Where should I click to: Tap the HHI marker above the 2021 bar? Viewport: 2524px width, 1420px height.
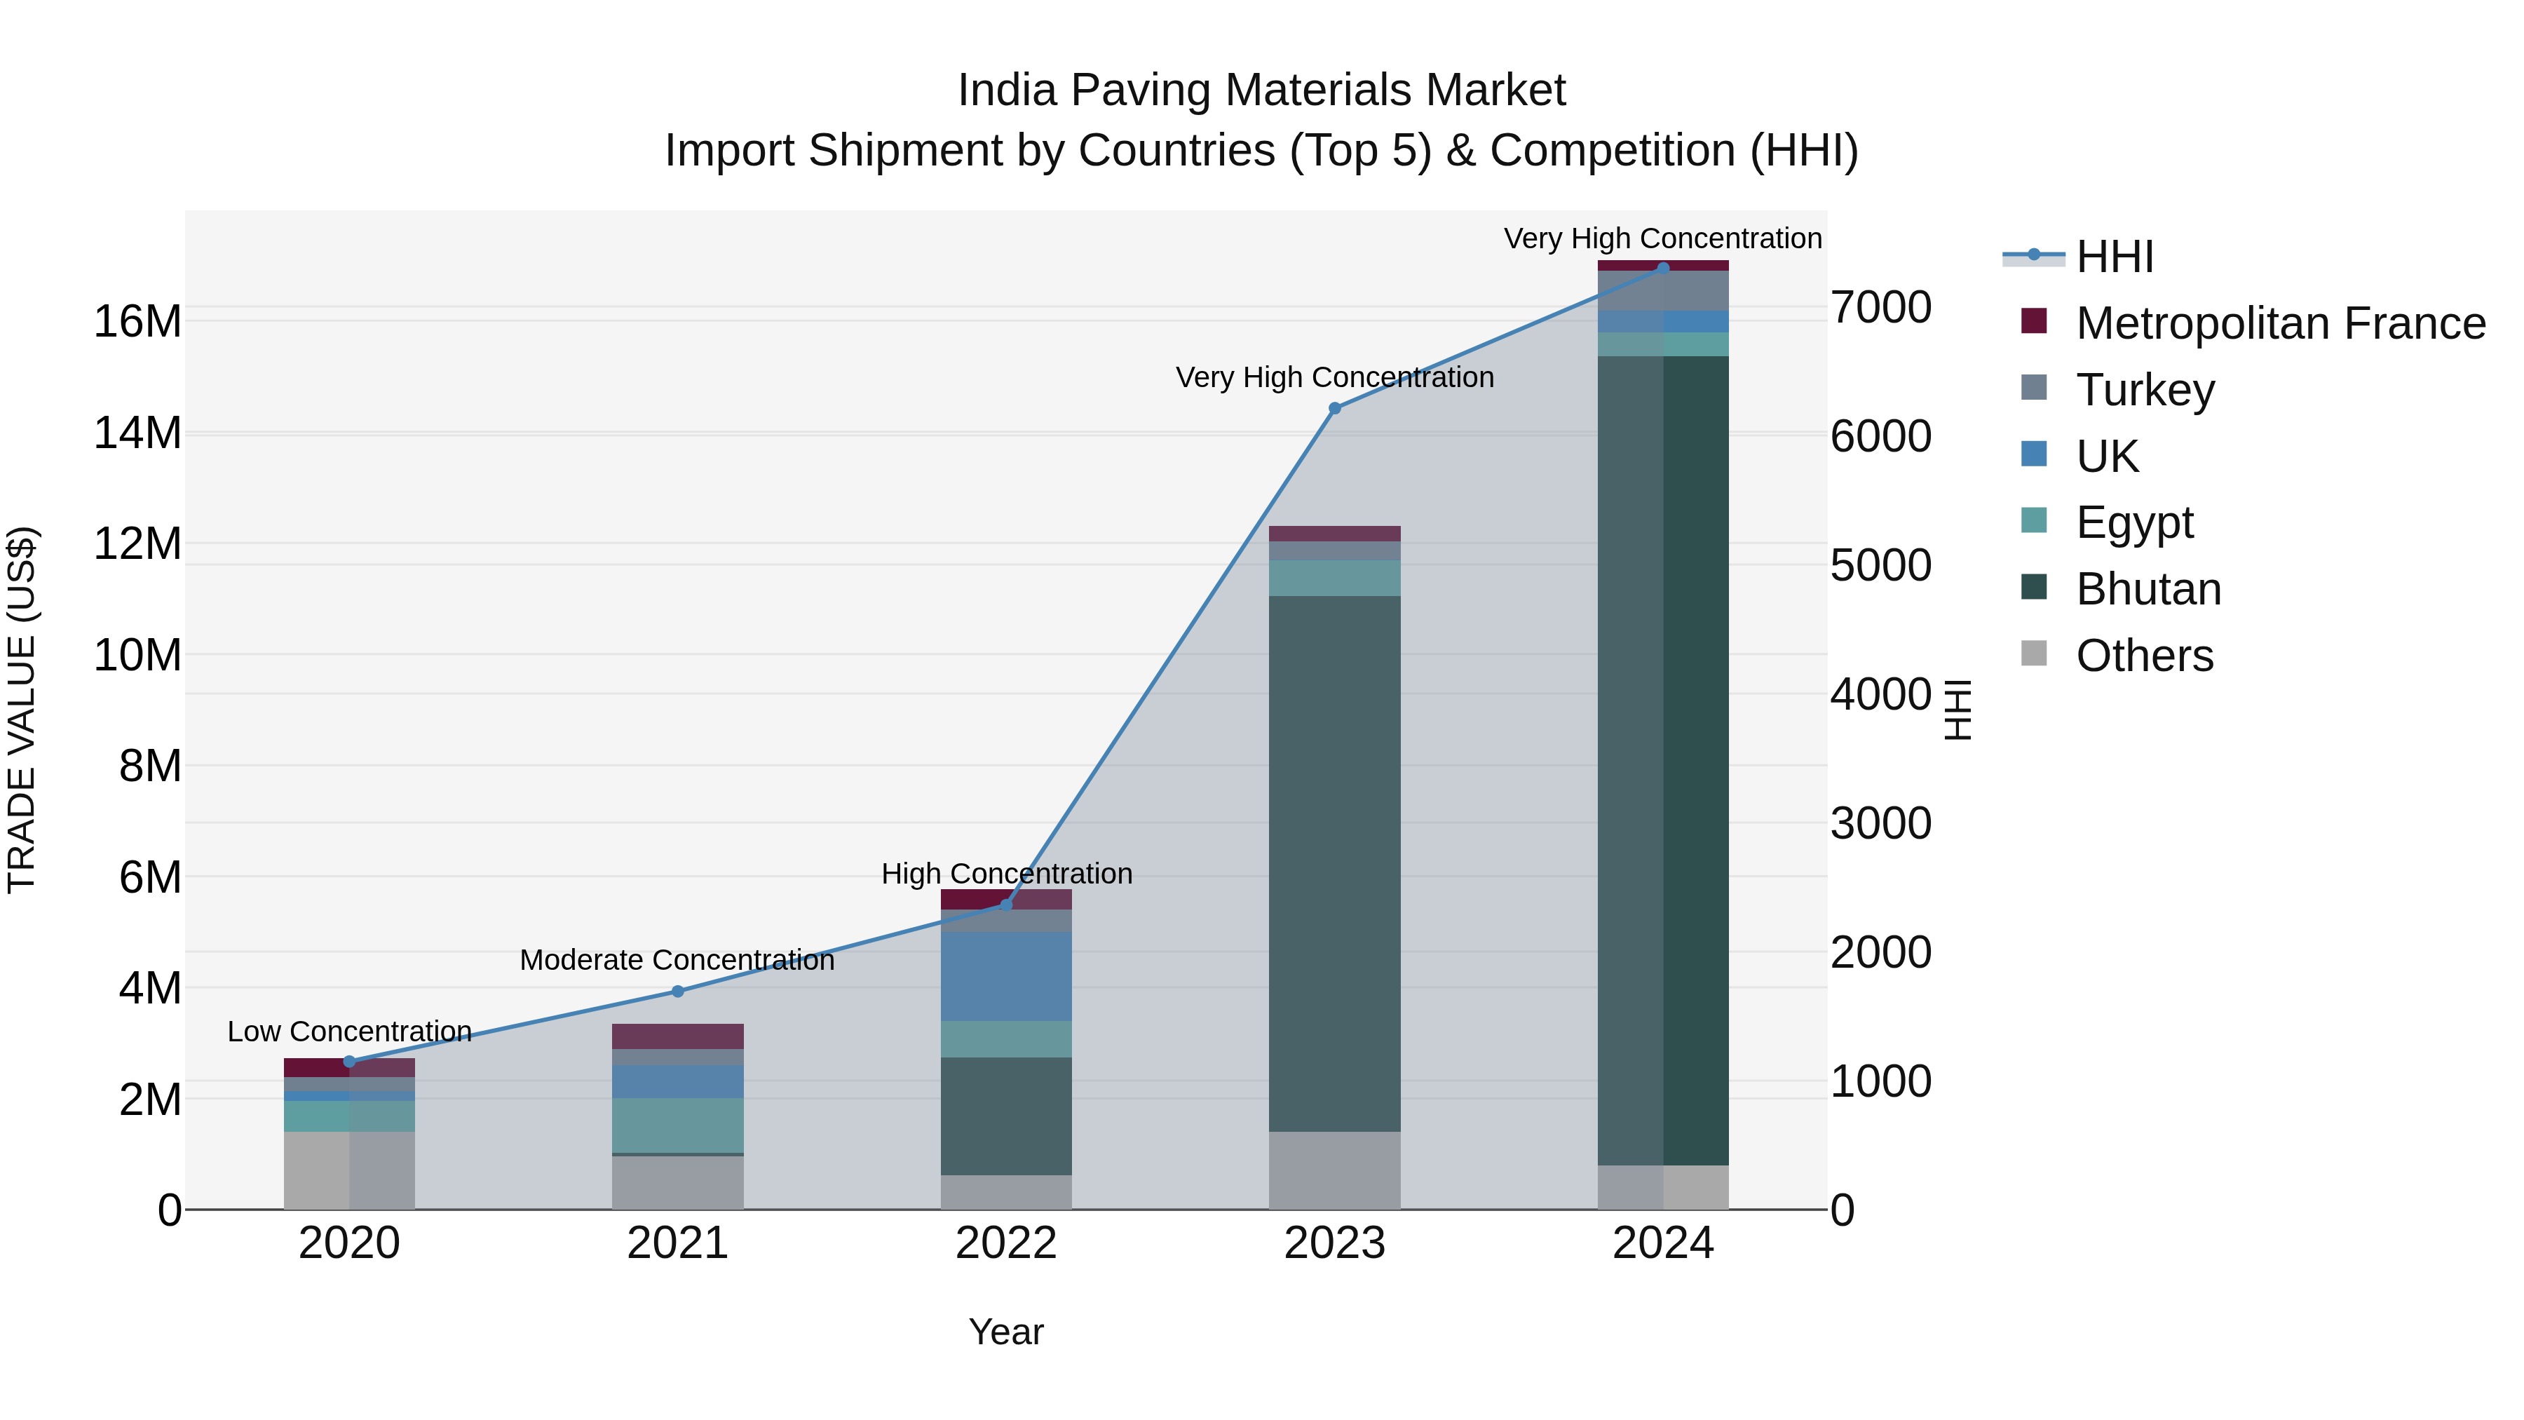coord(677,991)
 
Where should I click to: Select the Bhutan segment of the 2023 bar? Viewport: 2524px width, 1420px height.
coord(1334,863)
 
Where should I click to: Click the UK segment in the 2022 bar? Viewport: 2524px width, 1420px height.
coord(1006,976)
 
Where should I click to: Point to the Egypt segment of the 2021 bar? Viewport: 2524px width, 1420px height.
coord(677,1125)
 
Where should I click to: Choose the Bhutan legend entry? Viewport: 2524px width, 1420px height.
coord(2148,589)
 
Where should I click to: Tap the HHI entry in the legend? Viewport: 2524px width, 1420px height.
coord(2115,257)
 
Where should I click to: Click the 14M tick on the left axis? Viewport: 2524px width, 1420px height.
coord(137,432)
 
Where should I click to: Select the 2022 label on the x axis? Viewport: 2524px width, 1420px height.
coord(1006,1243)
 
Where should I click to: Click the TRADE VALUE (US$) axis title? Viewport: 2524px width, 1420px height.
coord(22,710)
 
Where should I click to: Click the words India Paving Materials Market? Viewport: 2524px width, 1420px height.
coord(1261,90)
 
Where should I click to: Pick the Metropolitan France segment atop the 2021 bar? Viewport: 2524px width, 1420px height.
coord(677,1036)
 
